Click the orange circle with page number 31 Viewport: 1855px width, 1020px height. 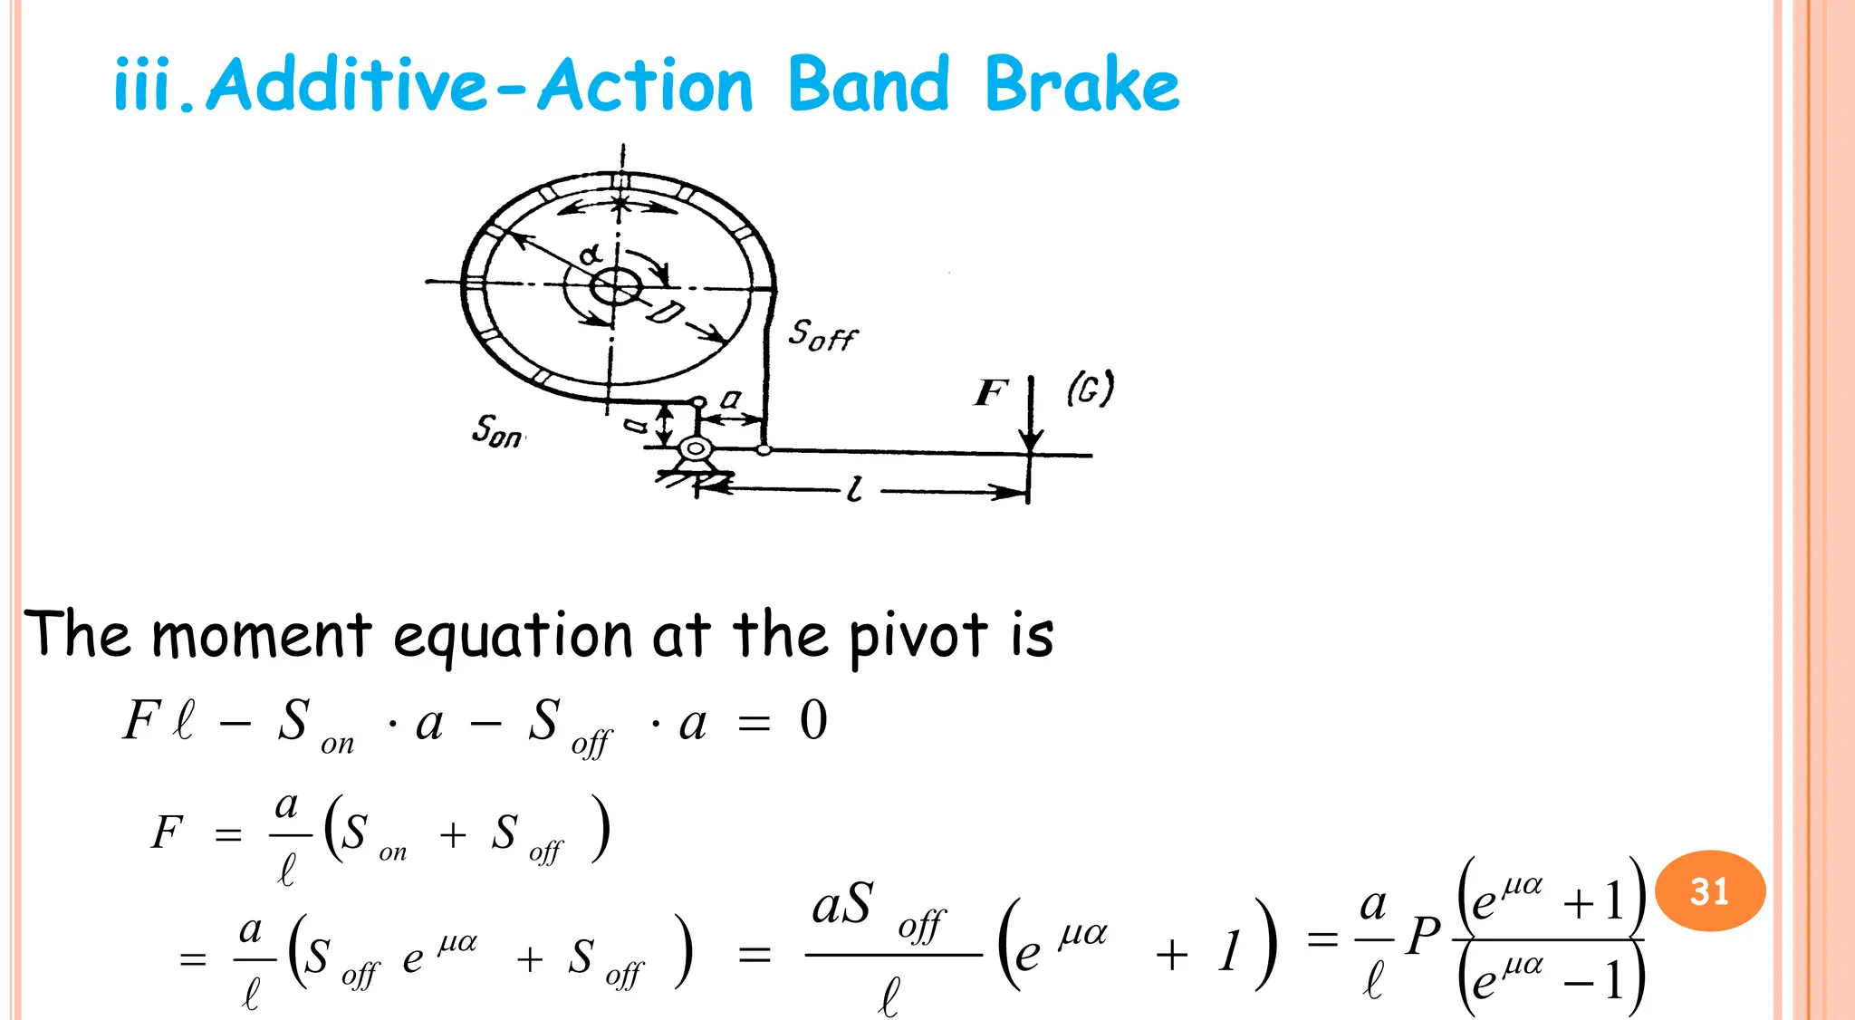coord(1709,891)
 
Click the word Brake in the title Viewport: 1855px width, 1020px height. coord(1081,84)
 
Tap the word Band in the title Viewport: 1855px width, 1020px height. coord(869,84)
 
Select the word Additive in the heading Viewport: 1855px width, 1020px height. coord(348,84)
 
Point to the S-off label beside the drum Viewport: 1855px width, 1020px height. coord(822,335)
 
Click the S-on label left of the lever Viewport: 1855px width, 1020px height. coord(496,430)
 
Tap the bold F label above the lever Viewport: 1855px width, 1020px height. coord(991,393)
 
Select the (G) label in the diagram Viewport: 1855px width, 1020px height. coord(1090,390)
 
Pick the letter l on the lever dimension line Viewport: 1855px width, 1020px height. coord(854,491)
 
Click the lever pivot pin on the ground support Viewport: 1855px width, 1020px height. coord(695,448)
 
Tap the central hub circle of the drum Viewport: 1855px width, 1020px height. coord(616,287)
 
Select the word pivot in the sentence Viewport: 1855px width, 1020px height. coord(918,636)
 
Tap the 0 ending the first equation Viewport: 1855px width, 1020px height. coord(813,721)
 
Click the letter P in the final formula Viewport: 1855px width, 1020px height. coord(1423,937)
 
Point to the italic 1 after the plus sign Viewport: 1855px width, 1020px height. coord(1229,952)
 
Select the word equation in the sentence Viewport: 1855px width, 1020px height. coord(513,636)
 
